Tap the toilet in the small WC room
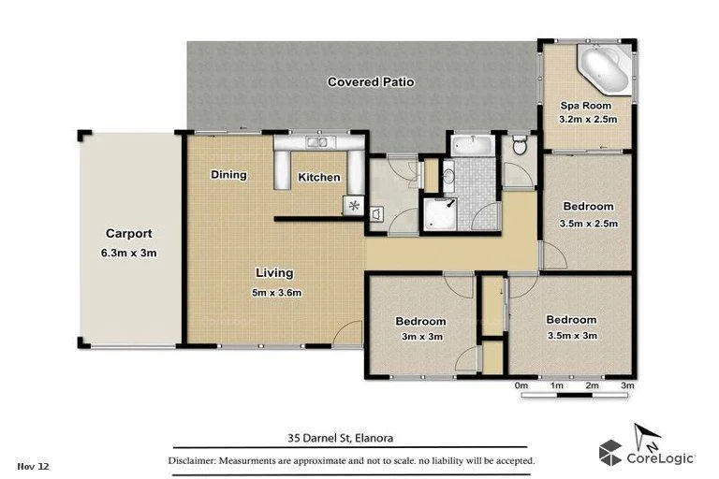tap(521, 146)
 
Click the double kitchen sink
tap(315, 142)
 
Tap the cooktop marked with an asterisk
tap(353, 205)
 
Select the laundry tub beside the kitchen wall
tap(376, 215)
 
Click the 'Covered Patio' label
tap(371, 82)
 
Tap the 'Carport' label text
tap(128, 234)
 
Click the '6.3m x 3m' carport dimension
tap(128, 252)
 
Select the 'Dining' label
tap(228, 175)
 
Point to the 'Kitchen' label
tap(318, 178)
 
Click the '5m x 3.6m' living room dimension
tap(275, 292)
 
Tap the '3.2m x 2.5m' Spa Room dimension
tap(588, 120)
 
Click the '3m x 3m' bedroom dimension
tap(421, 337)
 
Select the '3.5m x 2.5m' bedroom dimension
tap(588, 224)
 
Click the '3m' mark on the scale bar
tap(627, 385)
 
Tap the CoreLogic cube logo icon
tap(611, 453)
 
